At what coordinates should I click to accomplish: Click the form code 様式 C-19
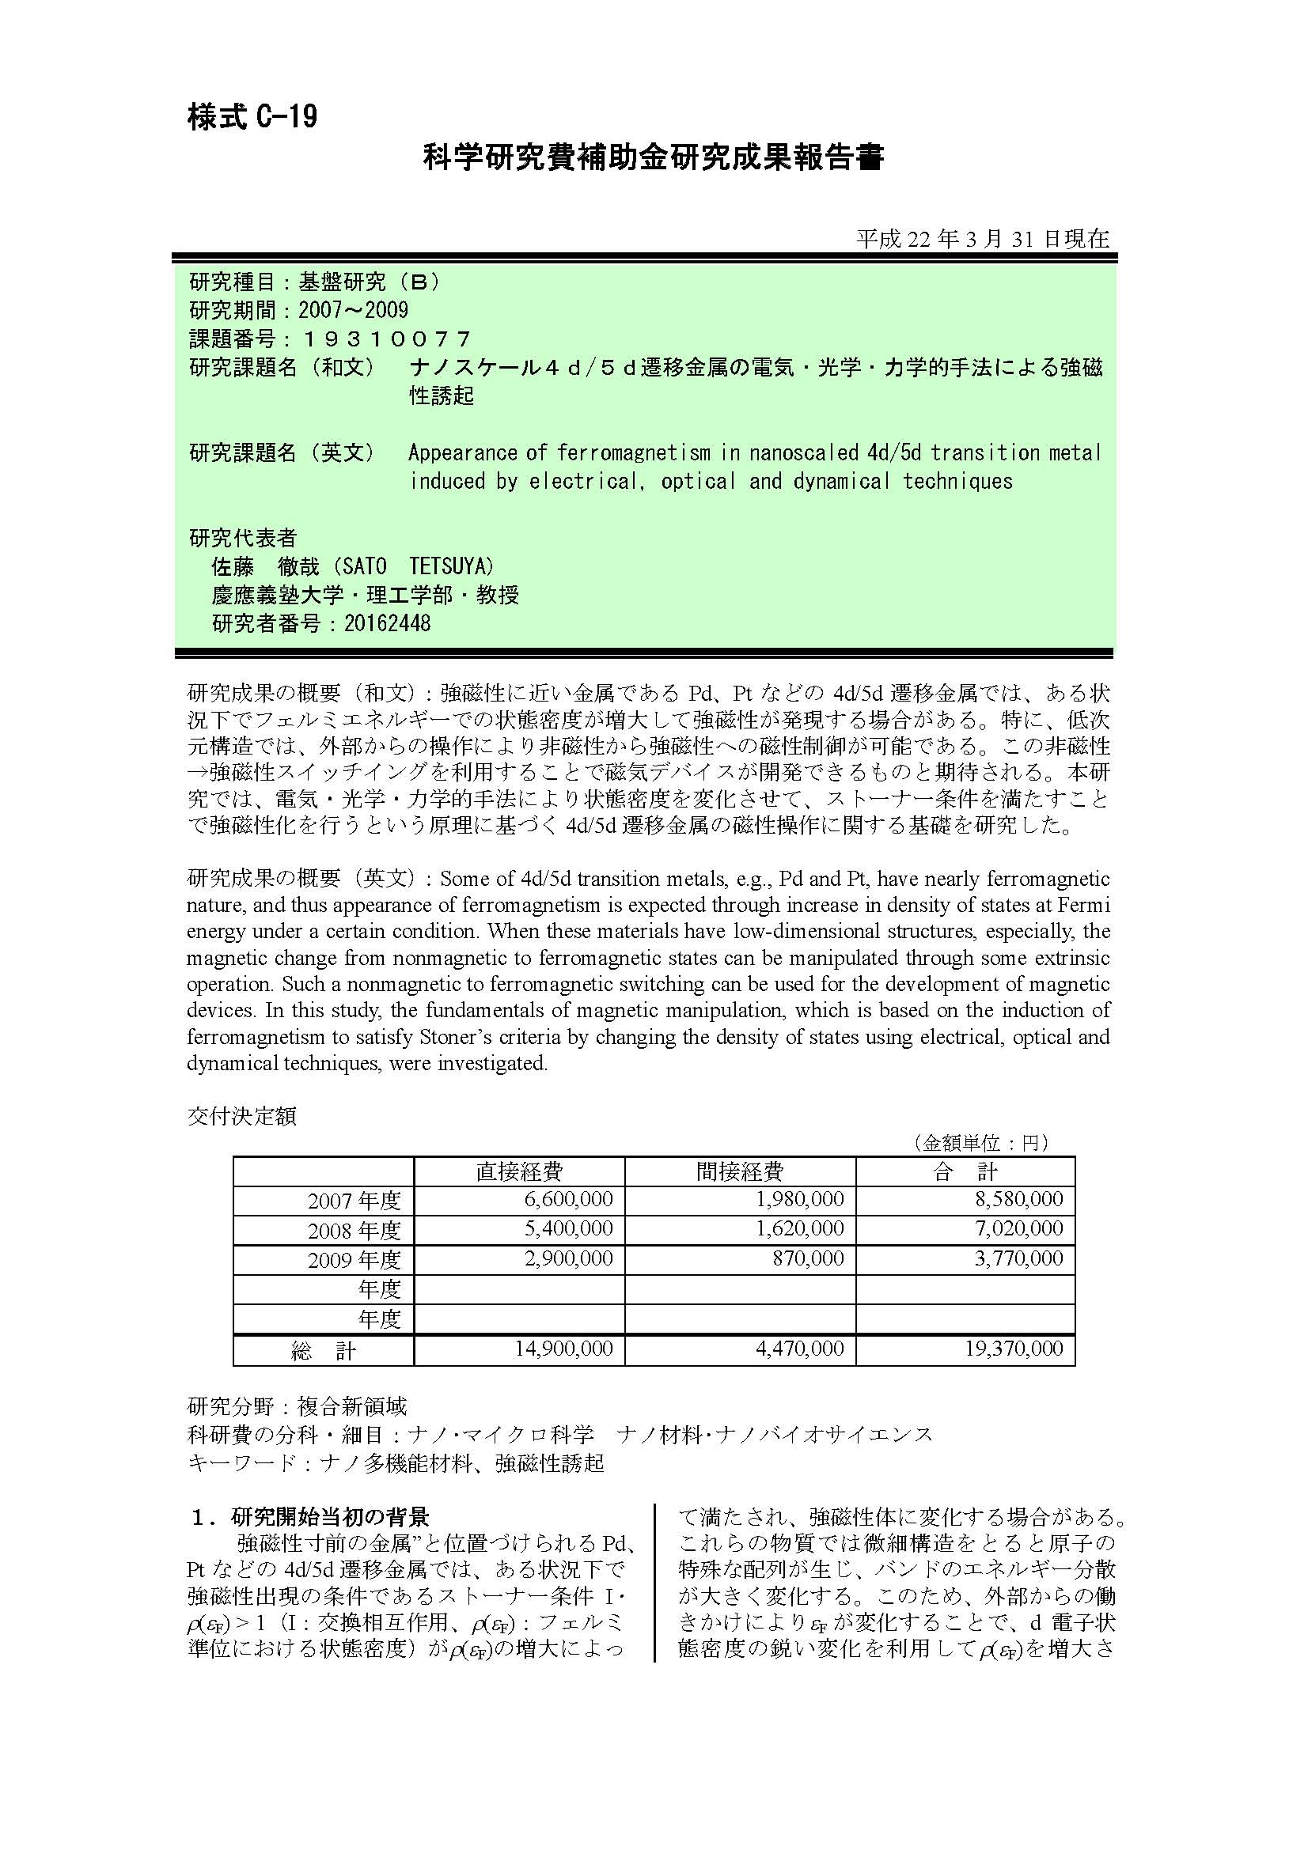[x=252, y=118]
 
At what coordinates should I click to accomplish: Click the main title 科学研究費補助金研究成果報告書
[x=654, y=158]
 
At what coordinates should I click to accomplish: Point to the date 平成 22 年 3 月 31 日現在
[x=983, y=240]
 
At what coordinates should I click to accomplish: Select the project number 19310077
[x=385, y=339]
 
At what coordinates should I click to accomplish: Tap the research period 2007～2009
[x=353, y=310]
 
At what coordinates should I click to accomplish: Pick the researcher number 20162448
[x=387, y=622]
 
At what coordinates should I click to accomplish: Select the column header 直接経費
[x=519, y=1171]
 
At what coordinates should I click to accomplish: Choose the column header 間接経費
[x=739, y=1171]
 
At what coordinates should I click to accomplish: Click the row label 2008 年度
[x=354, y=1231]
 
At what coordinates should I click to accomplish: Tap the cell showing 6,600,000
[x=568, y=1200]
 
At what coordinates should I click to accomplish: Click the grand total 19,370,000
[x=1014, y=1349]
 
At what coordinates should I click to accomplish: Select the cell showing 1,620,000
[x=799, y=1229]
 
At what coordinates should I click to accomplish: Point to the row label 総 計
[x=323, y=1351]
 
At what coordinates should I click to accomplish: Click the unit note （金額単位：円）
[x=979, y=1143]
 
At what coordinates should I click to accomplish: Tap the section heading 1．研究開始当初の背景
[x=309, y=1517]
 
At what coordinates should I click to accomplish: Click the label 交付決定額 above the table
[x=242, y=1116]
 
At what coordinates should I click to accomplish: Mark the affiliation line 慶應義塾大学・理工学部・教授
[x=365, y=595]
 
